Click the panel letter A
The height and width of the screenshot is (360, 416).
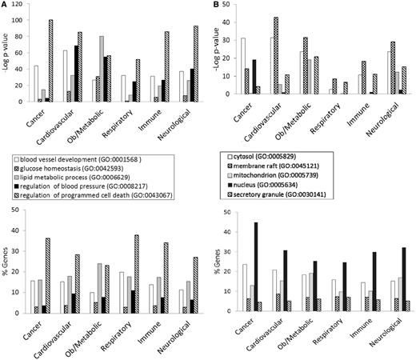pos(5,6)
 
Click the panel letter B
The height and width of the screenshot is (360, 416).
pos(214,6)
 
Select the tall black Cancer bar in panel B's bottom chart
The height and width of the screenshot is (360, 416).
pos(256,267)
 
